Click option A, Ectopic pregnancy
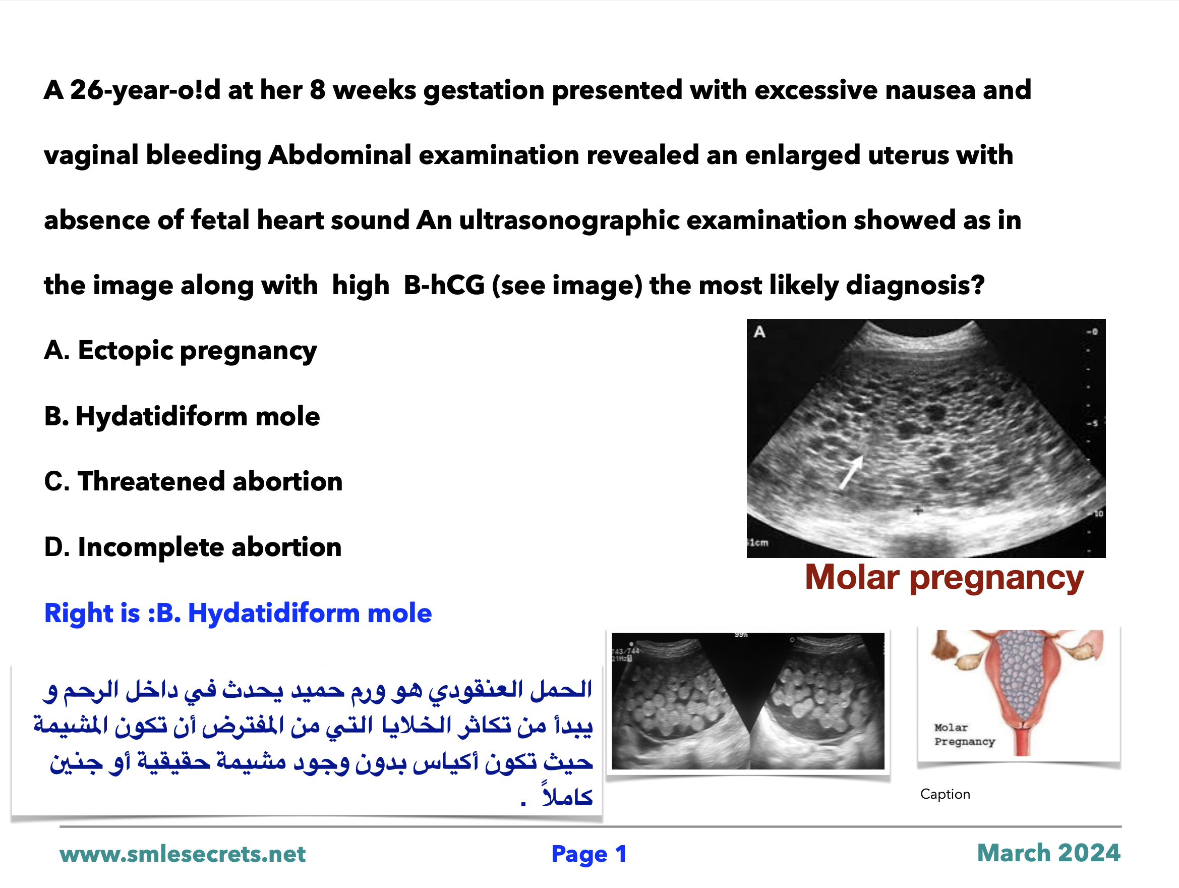[x=180, y=352]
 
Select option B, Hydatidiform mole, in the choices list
[x=182, y=416]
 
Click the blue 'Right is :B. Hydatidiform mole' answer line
[x=238, y=613]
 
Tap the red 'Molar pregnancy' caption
[x=944, y=578]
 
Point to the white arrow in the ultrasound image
[x=851, y=472]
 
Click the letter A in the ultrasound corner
[x=759, y=332]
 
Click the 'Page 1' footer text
[x=589, y=854]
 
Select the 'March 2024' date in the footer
[x=1048, y=853]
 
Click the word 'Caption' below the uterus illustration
[x=945, y=794]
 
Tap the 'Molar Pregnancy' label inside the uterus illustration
[x=964, y=735]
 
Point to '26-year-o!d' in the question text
[x=145, y=90]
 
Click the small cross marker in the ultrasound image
[x=918, y=511]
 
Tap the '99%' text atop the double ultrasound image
[x=741, y=635]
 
